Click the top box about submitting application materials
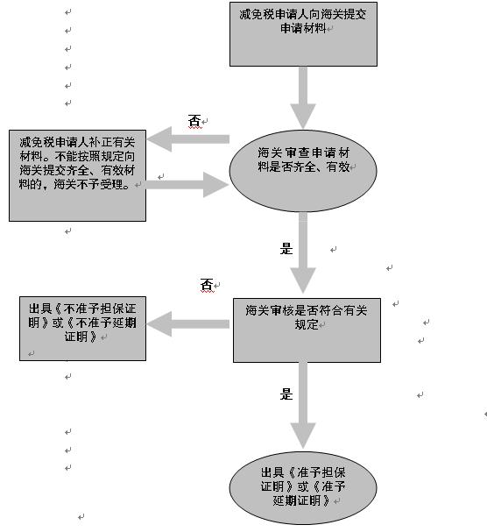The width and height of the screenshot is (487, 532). click(303, 34)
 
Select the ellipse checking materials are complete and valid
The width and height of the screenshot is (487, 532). click(303, 171)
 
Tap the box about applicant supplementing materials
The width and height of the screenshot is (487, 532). click(77, 175)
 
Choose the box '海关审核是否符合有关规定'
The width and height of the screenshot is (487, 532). click(307, 330)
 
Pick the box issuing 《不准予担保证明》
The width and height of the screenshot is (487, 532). click(82, 329)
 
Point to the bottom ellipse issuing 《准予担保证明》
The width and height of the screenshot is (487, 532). click(303, 488)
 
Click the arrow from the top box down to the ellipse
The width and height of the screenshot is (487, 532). click(303, 97)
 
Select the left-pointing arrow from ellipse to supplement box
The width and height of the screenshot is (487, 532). click(188, 139)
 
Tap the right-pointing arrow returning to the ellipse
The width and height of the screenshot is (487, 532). click(187, 185)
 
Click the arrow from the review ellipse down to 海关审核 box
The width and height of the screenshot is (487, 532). click(303, 253)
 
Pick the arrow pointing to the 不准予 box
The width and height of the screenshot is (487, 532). click(188, 324)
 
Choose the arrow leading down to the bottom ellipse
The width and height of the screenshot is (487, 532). click(303, 406)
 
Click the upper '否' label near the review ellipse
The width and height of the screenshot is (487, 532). click(194, 121)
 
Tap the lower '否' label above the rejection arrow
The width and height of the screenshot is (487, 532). click(207, 285)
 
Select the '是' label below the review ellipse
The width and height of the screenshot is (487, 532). click(286, 249)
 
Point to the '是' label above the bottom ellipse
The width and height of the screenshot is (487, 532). click(286, 394)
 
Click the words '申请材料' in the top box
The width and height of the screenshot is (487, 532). click(303, 28)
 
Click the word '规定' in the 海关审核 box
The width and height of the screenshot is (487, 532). click(307, 324)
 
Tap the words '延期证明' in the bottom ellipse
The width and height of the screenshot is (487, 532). click(296, 500)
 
